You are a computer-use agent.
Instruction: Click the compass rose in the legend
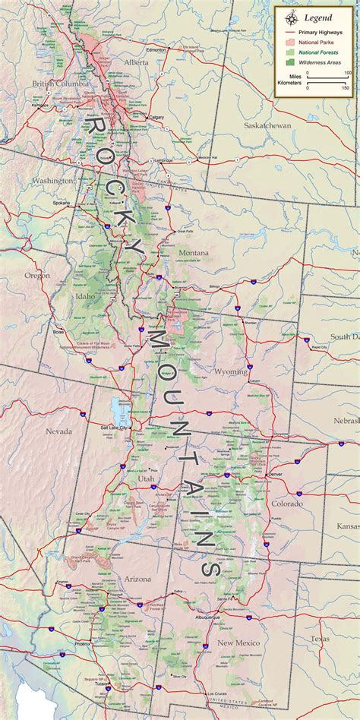(x=291, y=17)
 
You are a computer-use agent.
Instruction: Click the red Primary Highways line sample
(x=290, y=33)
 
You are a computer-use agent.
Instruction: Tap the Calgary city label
(x=157, y=117)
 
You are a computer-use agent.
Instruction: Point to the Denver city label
(x=276, y=474)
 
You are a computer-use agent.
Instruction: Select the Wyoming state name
(x=231, y=371)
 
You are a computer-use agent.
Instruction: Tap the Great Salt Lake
(x=120, y=410)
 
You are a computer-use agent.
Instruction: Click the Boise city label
(x=58, y=332)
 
